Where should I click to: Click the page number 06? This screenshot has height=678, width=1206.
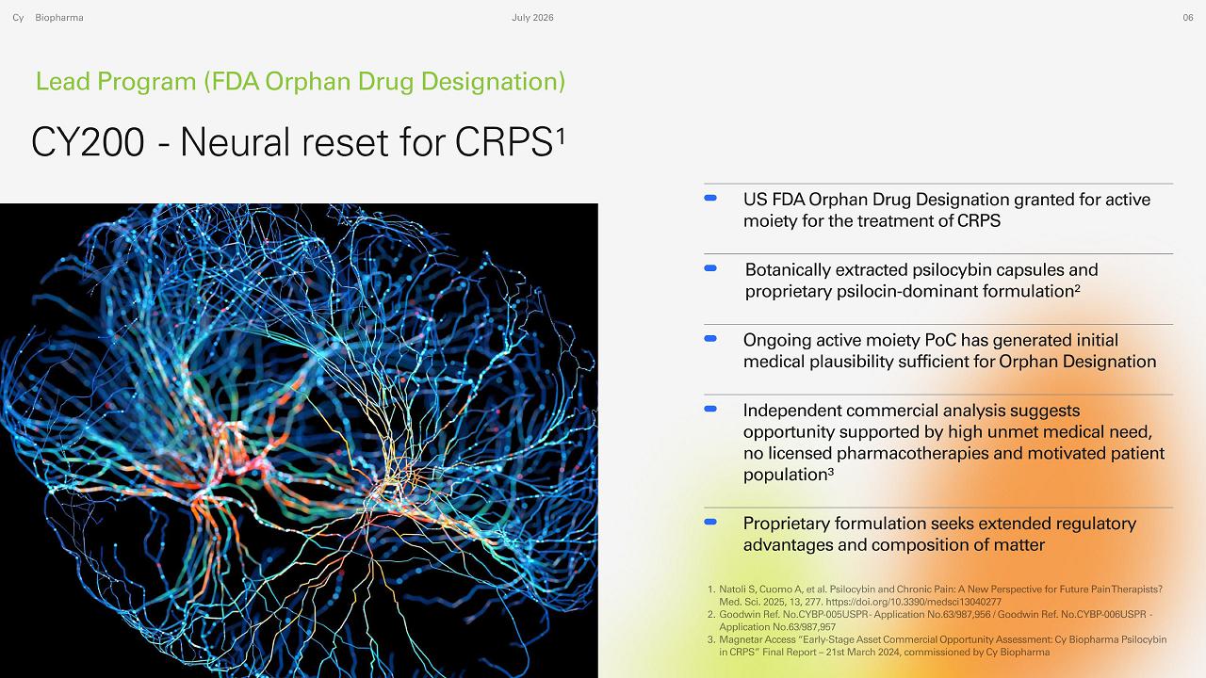tap(1188, 18)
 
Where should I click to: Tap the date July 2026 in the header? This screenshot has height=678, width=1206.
tap(532, 18)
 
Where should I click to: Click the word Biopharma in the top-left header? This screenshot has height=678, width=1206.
tap(59, 18)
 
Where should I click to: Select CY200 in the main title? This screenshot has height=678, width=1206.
tap(88, 142)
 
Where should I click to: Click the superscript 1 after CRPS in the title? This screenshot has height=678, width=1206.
tap(561, 137)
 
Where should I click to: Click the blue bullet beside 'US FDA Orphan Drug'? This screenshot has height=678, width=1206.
tap(710, 198)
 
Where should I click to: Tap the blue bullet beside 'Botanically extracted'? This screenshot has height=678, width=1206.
tap(710, 268)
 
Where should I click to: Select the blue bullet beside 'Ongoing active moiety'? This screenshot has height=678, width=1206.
tap(710, 338)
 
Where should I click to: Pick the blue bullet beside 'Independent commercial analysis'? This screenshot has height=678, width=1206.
tap(710, 409)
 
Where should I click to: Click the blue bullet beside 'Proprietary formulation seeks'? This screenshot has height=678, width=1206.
tap(710, 522)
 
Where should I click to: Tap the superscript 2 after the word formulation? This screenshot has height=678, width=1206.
tap(1077, 287)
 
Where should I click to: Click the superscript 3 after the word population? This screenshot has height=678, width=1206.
tap(830, 471)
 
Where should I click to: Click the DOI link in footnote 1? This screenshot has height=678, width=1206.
tap(913, 602)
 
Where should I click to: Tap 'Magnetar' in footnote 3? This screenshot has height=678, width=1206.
tap(740, 639)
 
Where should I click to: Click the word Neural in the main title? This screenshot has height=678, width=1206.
tap(236, 142)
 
